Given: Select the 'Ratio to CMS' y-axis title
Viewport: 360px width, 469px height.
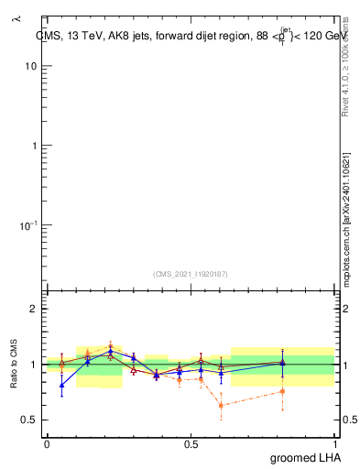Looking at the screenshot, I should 16,364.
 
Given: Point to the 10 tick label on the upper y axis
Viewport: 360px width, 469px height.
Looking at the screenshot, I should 31,67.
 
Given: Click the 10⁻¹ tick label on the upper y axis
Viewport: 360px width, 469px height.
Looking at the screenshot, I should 27,224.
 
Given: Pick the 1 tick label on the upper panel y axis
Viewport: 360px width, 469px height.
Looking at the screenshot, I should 34,146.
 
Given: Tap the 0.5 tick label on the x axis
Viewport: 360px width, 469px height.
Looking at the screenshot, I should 191,443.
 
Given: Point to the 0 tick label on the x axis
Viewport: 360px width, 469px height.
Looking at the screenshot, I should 46,443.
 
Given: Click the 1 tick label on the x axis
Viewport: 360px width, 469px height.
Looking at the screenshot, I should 334,443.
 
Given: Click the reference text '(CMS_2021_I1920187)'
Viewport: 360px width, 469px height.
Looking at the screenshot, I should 190,273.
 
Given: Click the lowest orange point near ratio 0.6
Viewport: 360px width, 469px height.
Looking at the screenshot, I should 221,405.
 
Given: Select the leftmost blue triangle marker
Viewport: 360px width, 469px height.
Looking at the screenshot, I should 61,385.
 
